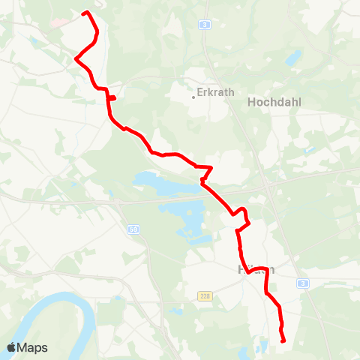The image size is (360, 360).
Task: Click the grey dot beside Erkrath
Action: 193,95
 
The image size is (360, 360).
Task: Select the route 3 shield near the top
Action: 205,25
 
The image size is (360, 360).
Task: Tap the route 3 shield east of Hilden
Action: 301,283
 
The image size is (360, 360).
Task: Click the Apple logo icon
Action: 11,347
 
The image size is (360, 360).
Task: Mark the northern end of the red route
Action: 84,13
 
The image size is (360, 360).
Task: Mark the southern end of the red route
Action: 284,341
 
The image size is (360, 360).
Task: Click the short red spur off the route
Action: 112,97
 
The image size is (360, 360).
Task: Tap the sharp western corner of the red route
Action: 76,58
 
